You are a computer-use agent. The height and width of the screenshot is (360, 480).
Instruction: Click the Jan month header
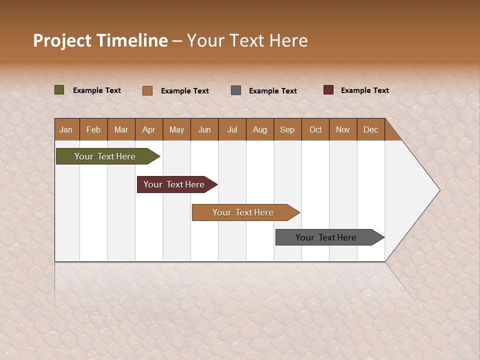(x=66, y=129)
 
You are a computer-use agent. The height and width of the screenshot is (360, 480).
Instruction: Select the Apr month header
(x=148, y=129)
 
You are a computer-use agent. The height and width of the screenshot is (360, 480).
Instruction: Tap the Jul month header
(x=232, y=129)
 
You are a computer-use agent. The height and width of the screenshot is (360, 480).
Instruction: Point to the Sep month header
(x=287, y=129)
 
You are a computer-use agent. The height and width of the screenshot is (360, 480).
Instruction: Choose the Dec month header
(x=370, y=129)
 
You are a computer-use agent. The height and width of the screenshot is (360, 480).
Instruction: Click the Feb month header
(x=93, y=129)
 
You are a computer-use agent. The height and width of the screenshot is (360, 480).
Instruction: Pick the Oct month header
(x=315, y=129)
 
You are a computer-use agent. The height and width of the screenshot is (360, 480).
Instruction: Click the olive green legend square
(x=59, y=90)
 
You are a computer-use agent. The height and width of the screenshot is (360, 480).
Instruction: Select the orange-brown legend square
(x=147, y=90)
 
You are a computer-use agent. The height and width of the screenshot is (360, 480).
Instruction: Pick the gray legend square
(x=236, y=90)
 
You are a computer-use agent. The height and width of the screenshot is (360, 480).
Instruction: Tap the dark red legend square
(x=328, y=90)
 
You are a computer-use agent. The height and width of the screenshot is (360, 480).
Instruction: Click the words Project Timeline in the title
(x=100, y=40)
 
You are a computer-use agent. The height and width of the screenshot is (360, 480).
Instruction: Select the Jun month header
(x=204, y=129)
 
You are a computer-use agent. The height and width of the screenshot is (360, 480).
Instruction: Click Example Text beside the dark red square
(x=364, y=90)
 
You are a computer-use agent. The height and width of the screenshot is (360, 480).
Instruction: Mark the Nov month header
(x=343, y=129)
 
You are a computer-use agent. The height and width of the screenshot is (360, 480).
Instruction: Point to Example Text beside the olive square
(x=96, y=90)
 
